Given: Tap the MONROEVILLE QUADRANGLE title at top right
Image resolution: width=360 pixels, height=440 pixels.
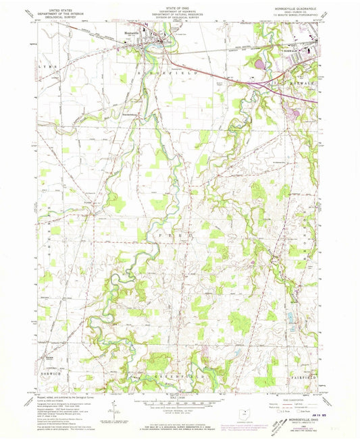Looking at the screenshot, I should pyautogui.click(x=292, y=9).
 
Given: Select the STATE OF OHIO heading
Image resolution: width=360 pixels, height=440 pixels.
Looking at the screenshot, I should pyautogui.click(x=179, y=8).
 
